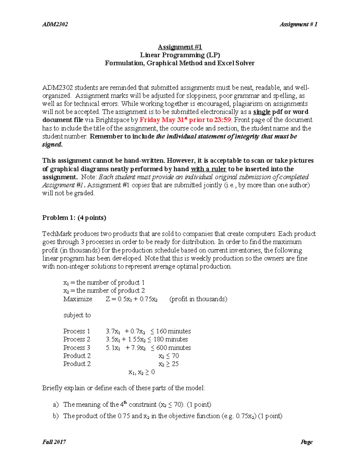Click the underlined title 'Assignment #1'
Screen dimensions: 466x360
click(x=180, y=47)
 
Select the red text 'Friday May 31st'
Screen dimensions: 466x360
click(x=162, y=120)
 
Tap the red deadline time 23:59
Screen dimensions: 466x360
click(x=223, y=120)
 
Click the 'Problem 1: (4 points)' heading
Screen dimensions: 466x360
click(x=74, y=218)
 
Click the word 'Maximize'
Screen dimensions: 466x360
click(x=78, y=299)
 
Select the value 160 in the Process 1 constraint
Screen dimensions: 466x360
click(x=161, y=331)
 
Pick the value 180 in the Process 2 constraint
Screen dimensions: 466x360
click(x=159, y=339)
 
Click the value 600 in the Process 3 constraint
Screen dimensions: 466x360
click(x=162, y=348)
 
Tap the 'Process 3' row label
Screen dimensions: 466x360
click(x=76, y=348)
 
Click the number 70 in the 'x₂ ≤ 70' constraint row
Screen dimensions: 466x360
click(x=175, y=356)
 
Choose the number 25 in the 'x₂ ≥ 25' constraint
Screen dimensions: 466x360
click(x=175, y=364)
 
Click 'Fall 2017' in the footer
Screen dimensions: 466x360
click(x=54, y=442)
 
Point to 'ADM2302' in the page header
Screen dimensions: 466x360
click(x=55, y=24)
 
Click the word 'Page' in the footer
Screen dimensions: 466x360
click(x=306, y=442)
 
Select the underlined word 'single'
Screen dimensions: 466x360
click(x=262, y=112)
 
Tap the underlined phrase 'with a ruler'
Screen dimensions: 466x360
click(x=208, y=169)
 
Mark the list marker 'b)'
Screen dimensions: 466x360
click(x=56, y=416)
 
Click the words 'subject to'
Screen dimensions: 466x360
click(x=77, y=315)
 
